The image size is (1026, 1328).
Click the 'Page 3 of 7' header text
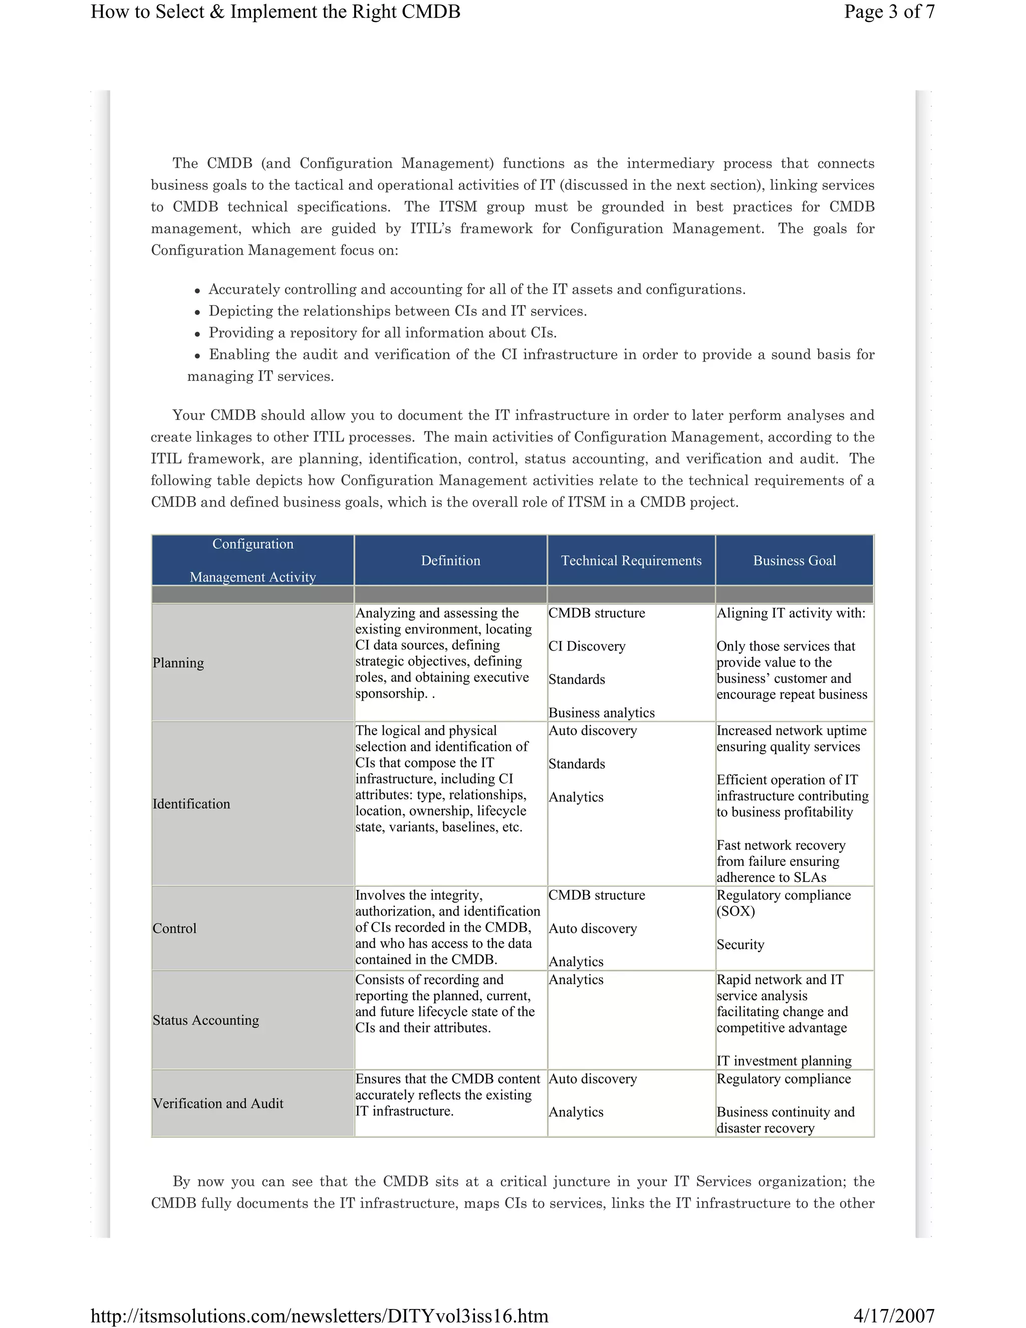coord(889,12)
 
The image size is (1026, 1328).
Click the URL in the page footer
coord(319,1316)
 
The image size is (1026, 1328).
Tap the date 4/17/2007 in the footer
coord(894,1316)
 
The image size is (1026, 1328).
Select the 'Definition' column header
coord(450,561)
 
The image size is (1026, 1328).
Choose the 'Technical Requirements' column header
coord(631,561)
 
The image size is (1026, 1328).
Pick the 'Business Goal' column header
coord(795,561)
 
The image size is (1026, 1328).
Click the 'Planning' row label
coord(178,663)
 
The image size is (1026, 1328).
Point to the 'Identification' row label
coord(191,804)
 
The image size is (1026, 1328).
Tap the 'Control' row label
coord(174,929)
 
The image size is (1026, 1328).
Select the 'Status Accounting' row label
coord(205,1020)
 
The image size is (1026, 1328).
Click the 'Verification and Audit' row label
coord(217,1103)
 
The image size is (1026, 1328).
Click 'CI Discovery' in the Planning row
coord(587,646)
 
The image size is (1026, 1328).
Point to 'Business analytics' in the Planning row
coord(601,713)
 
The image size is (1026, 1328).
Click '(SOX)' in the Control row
coord(735,912)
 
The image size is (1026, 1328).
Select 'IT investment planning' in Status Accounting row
coord(784,1061)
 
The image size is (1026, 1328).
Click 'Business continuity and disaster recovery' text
coord(786,1120)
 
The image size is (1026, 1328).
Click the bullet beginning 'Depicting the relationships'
coord(397,311)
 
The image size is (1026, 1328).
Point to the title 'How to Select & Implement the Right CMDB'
coord(276,12)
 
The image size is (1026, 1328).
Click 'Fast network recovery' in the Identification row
coord(781,845)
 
